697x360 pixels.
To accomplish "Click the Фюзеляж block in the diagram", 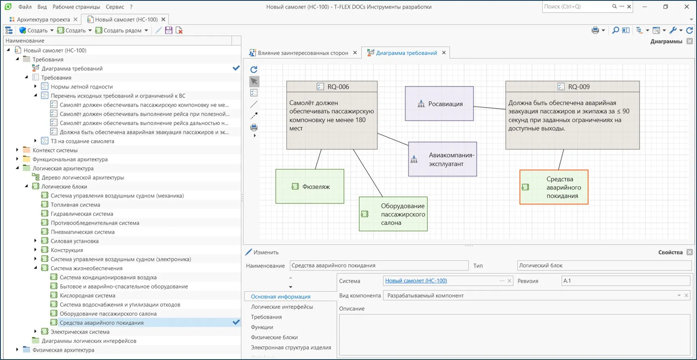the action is point(310,186).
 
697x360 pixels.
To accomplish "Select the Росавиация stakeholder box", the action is point(439,104).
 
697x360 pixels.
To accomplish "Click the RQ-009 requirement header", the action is point(573,86).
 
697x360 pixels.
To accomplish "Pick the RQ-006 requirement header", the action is point(332,86).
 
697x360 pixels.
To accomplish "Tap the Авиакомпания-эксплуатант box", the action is point(443,159).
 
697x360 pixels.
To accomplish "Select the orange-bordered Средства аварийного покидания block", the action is point(554,187).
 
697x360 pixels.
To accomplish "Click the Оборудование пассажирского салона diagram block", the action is point(393,214).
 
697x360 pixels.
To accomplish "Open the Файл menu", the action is point(25,7).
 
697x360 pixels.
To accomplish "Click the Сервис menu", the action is point(115,7).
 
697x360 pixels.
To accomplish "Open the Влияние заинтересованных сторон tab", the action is point(303,53).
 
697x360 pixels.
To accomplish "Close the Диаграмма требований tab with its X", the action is point(444,53).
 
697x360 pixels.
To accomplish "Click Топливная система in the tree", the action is point(75,205).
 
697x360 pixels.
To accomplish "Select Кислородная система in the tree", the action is point(87,296).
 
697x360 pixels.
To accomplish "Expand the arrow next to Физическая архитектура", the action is point(17,350).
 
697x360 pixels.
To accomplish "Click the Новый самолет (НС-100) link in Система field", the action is point(416,281).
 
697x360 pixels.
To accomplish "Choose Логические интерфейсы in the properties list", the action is point(282,307).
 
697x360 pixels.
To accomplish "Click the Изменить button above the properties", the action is point(262,252).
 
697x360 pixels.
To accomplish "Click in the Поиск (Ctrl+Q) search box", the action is point(577,6).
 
